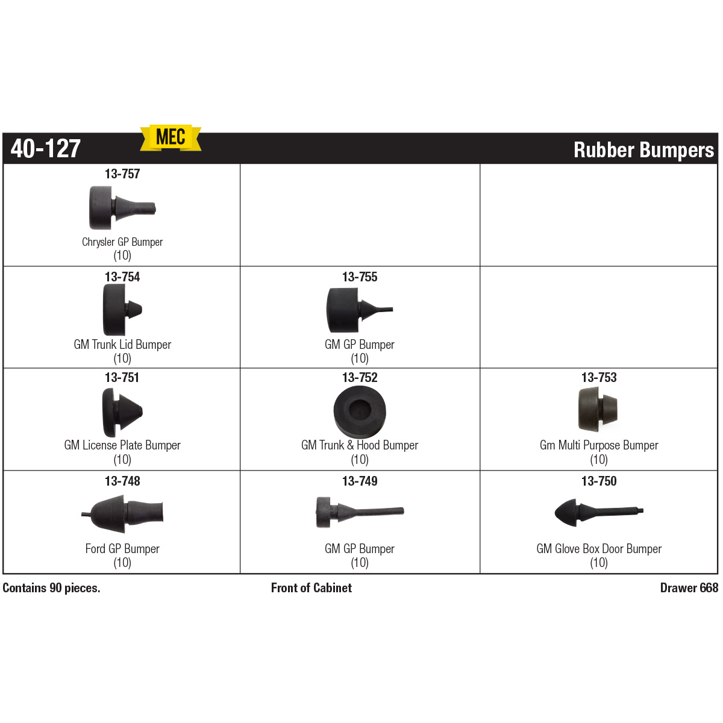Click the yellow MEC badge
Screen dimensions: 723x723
(171, 138)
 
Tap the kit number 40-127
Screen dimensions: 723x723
(46, 149)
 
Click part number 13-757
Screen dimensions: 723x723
(122, 174)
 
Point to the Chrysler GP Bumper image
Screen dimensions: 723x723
(122, 207)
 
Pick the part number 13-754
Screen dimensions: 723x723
(122, 277)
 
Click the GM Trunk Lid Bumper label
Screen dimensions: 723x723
(122, 345)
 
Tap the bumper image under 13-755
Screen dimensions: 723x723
(360, 310)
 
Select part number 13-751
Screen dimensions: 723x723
(122, 377)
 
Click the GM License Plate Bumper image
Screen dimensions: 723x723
(122, 412)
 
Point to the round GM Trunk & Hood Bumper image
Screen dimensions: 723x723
(360, 412)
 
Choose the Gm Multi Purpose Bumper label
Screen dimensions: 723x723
(599, 445)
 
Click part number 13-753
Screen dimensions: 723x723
(599, 377)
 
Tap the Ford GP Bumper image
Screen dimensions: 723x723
(122, 514)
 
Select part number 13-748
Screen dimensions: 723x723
(122, 481)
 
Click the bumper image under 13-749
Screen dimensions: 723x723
(360, 512)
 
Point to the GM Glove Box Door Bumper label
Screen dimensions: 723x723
(599, 548)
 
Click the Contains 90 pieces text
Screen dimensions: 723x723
(51, 587)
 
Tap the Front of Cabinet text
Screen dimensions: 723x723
(311, 587)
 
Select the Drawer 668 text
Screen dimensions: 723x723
(689, 587)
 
